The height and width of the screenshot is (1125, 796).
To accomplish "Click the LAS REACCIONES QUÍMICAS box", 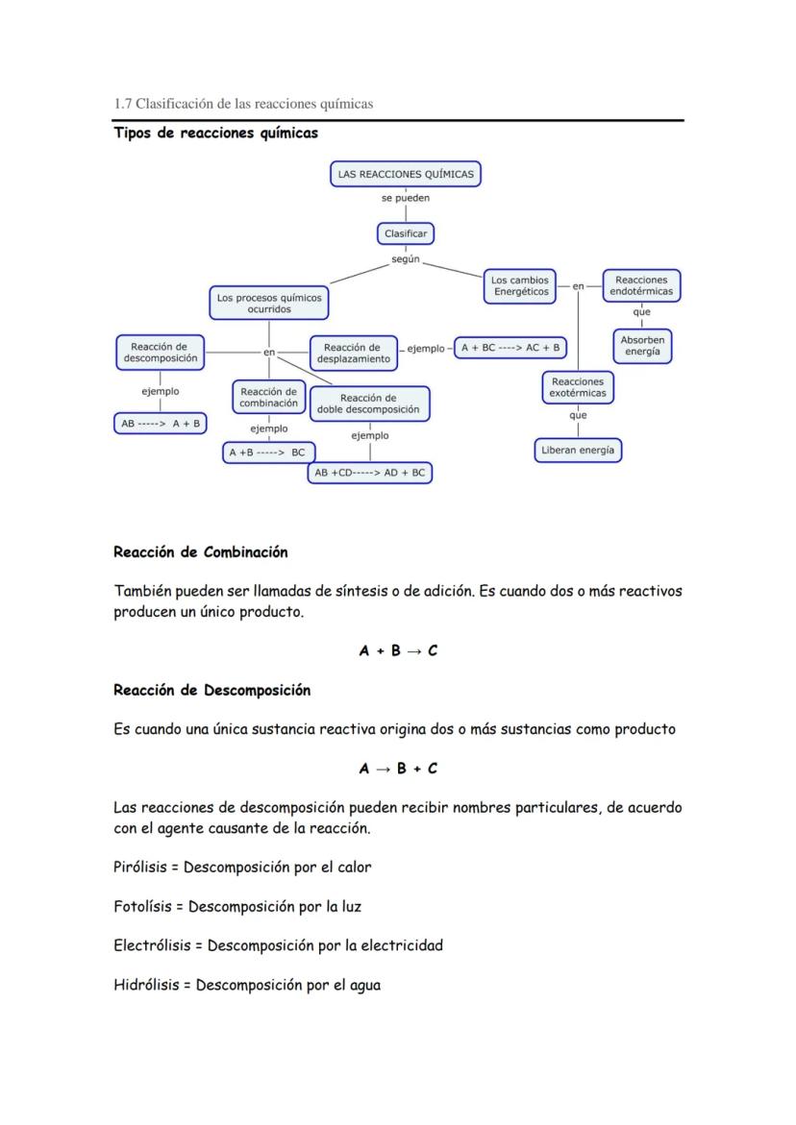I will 405,174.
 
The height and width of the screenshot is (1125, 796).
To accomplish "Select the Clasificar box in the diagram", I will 405,233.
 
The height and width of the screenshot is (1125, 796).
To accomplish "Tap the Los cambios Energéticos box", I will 520,285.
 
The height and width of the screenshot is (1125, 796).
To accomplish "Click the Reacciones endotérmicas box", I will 641,285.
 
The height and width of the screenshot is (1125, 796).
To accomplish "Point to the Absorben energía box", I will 641,347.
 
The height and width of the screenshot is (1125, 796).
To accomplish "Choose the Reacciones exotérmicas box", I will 577,387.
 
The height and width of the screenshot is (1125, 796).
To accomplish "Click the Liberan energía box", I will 578,450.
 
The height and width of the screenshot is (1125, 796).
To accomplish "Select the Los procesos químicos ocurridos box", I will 269,304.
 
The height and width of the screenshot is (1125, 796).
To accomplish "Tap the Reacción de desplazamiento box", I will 353,353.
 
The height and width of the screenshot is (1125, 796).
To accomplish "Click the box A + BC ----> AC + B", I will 510,348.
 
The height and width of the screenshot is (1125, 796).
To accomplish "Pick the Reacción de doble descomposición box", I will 368,404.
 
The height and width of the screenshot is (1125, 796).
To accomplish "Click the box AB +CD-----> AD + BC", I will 370,473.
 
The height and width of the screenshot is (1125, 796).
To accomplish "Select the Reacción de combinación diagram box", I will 268,398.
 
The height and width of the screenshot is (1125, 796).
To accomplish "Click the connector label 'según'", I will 405,260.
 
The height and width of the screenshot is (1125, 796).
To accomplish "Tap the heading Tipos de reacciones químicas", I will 215,134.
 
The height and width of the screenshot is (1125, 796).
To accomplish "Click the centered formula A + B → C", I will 398,650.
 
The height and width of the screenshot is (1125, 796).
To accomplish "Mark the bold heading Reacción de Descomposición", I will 211,690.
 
